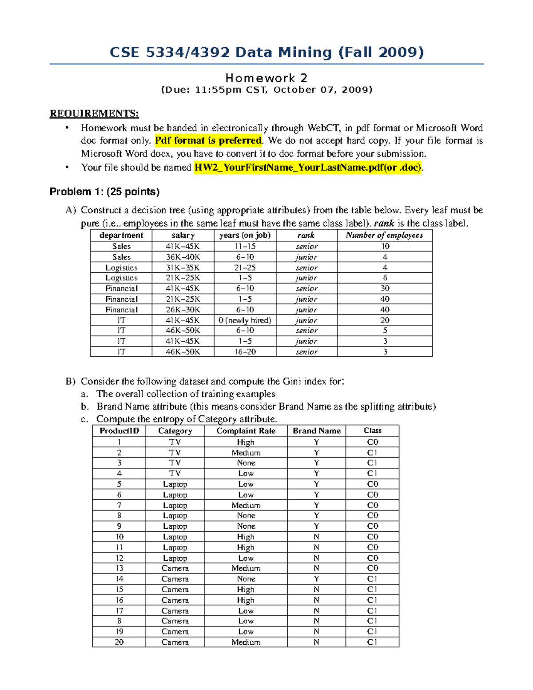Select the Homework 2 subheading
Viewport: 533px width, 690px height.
[x=266, y=78]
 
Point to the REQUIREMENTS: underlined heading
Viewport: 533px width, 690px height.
[x=94, y=113]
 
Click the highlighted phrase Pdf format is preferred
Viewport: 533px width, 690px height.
[x=208, y=141]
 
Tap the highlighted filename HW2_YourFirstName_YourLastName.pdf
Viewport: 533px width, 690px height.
[x=308, y=168]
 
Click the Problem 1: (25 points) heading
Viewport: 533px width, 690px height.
[x=104, y=191]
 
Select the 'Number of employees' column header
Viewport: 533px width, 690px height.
[x=384, y=235]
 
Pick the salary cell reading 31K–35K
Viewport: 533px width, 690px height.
[x=183, y=267]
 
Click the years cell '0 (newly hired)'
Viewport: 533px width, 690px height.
[x=245, y=320]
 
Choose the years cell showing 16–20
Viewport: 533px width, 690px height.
[x=245, y=351]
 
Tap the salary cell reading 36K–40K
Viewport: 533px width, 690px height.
[x=183, y=257]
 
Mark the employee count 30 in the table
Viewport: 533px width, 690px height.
[x=385, y=288]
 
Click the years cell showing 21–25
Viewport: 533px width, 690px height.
[x=245, y=267]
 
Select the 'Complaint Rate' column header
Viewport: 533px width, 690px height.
[x=246, y=431]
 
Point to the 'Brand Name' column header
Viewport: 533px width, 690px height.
[x=316, y=431]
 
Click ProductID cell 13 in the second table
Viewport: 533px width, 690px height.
[x=119, y=568]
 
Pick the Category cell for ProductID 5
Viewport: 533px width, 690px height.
[x=175, y=484]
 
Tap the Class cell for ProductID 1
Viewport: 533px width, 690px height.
[x=372, y=442]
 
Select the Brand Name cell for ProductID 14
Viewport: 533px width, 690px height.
[x=316, y=579]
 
